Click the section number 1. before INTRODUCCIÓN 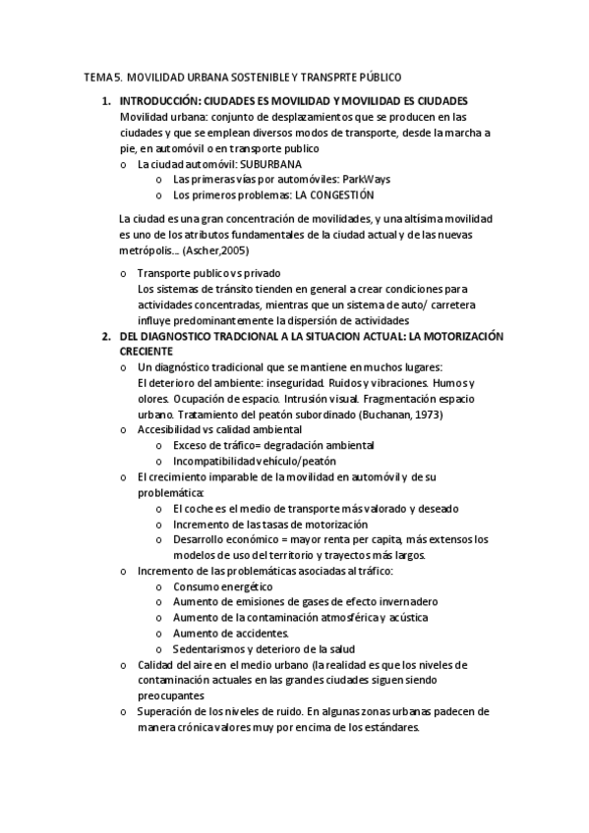coord(107,101)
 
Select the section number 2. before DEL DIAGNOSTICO coord(107,336)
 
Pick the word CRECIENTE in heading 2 coord(146,351)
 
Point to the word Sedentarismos coord(209,649)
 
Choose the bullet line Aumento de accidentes coord(231,634)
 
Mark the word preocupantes coord(170,695)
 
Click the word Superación coord(165,712)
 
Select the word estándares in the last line coord(391,728)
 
